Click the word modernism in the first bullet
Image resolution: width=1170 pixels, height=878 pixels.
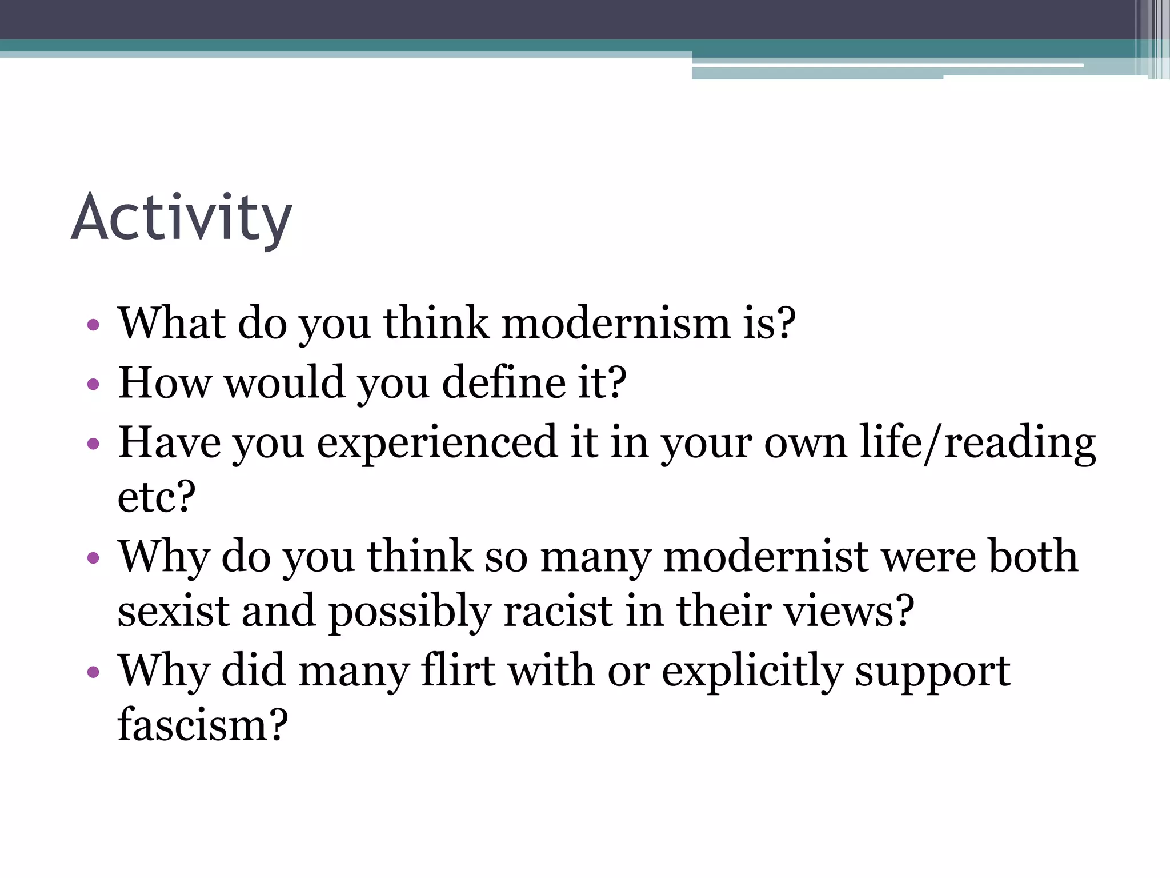pos(616,324)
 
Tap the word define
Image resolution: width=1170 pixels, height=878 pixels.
pos(503,383)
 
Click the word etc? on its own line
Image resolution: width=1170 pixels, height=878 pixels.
pos(157,497)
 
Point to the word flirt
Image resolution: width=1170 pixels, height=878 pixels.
pos(458,670)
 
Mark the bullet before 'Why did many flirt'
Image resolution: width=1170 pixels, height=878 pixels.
pos(93,672)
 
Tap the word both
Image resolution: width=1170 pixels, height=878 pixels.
pos(1033,557)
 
